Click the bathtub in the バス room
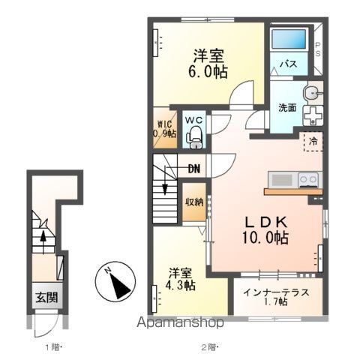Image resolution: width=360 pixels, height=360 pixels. coord(289,39)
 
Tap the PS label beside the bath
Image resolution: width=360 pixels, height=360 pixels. coord(317,49)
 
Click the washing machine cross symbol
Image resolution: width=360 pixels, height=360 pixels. coord(313,115)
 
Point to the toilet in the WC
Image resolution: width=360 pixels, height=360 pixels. coord(193,137)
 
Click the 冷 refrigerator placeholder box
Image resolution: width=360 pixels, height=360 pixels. coord(313,142)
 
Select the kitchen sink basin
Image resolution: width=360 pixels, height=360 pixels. coord(282,179)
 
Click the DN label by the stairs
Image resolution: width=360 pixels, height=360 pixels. coord(194,169)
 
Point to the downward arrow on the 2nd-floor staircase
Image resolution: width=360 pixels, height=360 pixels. coord(165,180)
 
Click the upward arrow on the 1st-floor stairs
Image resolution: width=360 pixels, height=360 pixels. coord(43,242)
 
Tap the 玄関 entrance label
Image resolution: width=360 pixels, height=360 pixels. coord(46,298)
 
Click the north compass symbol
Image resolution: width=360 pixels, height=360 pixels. coord(115,281)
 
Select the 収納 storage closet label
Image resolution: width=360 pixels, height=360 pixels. coord(194,202)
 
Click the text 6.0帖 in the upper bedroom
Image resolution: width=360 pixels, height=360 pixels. coord(208,72)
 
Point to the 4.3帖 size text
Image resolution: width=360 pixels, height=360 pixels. coord(180,285)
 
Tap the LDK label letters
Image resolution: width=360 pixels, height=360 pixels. coord(265,221)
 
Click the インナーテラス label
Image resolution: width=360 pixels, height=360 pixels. coord(276,292)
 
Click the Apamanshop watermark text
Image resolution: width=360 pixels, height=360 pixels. coord(180,322)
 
